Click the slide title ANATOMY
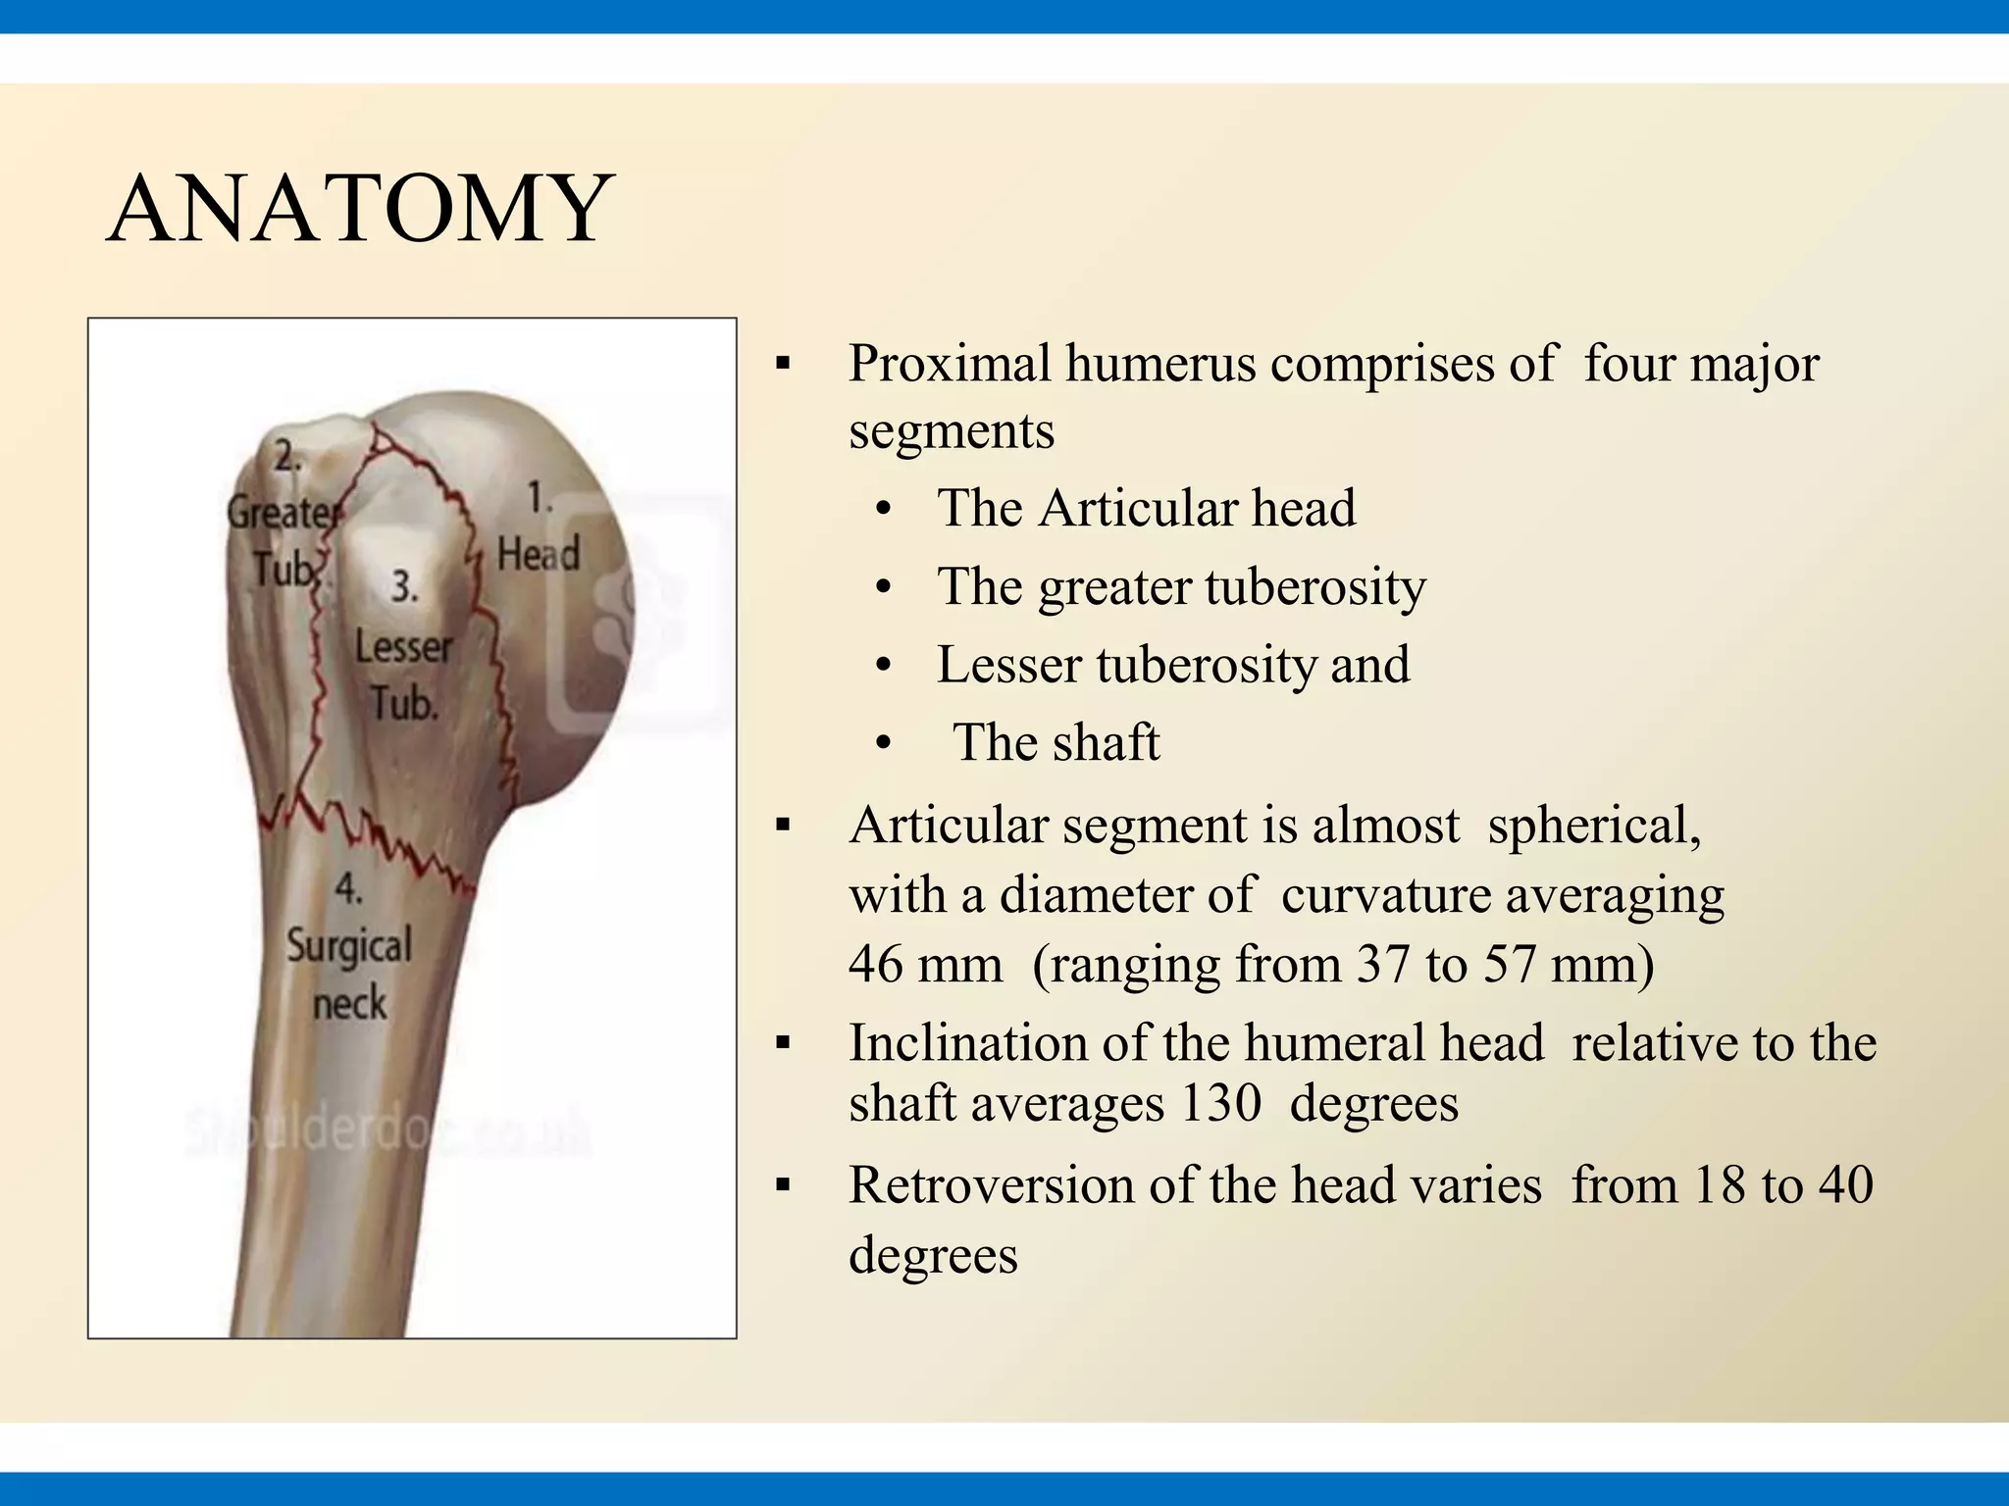(360, 210)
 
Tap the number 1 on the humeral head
(540, 498)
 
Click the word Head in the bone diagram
(539, 554)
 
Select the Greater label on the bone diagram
(283, 512)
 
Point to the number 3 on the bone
(404, 587)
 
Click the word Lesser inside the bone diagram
(403, 647)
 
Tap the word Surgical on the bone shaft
(349, 947)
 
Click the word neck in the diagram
(349, 1004)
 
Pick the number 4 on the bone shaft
(348, 888)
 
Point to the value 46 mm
(925, 965)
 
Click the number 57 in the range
(1509, 965)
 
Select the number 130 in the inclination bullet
(1220, 1104)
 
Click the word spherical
(1593, 826)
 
